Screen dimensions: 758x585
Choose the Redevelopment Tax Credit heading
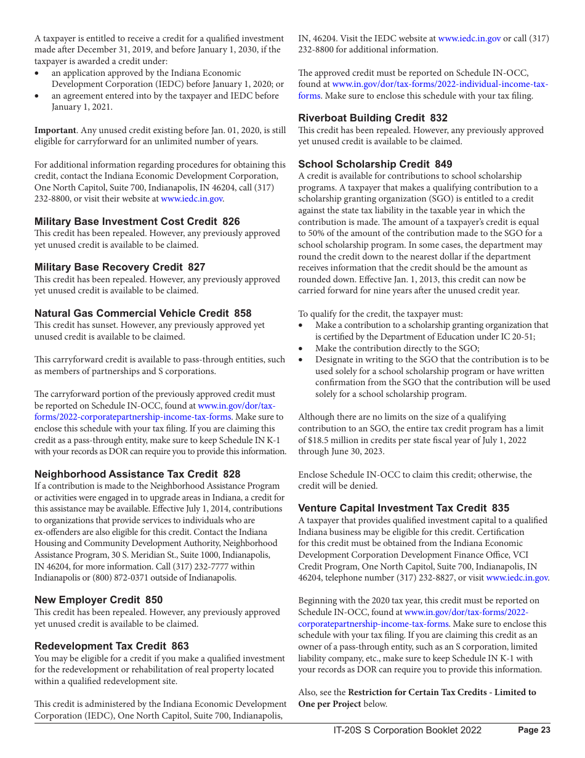pos(100,646)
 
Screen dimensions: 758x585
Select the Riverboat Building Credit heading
pos(361,118)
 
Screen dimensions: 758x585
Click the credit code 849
pos(443,164)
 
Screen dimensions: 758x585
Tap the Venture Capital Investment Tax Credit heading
pos(392,508)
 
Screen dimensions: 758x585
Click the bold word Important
pos(55,130)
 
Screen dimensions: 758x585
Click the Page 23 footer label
pos(534,730)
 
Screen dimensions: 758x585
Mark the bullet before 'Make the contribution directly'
pos(301,348)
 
